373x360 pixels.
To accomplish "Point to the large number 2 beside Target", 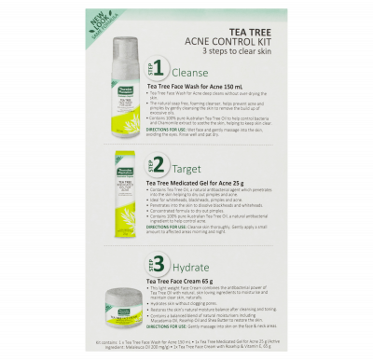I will (x=159, y=166).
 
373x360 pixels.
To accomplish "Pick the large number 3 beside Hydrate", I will (x=159, y=264).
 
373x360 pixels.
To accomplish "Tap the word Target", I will (x=186, y=168).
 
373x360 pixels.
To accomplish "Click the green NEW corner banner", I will (x=100, y=21).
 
